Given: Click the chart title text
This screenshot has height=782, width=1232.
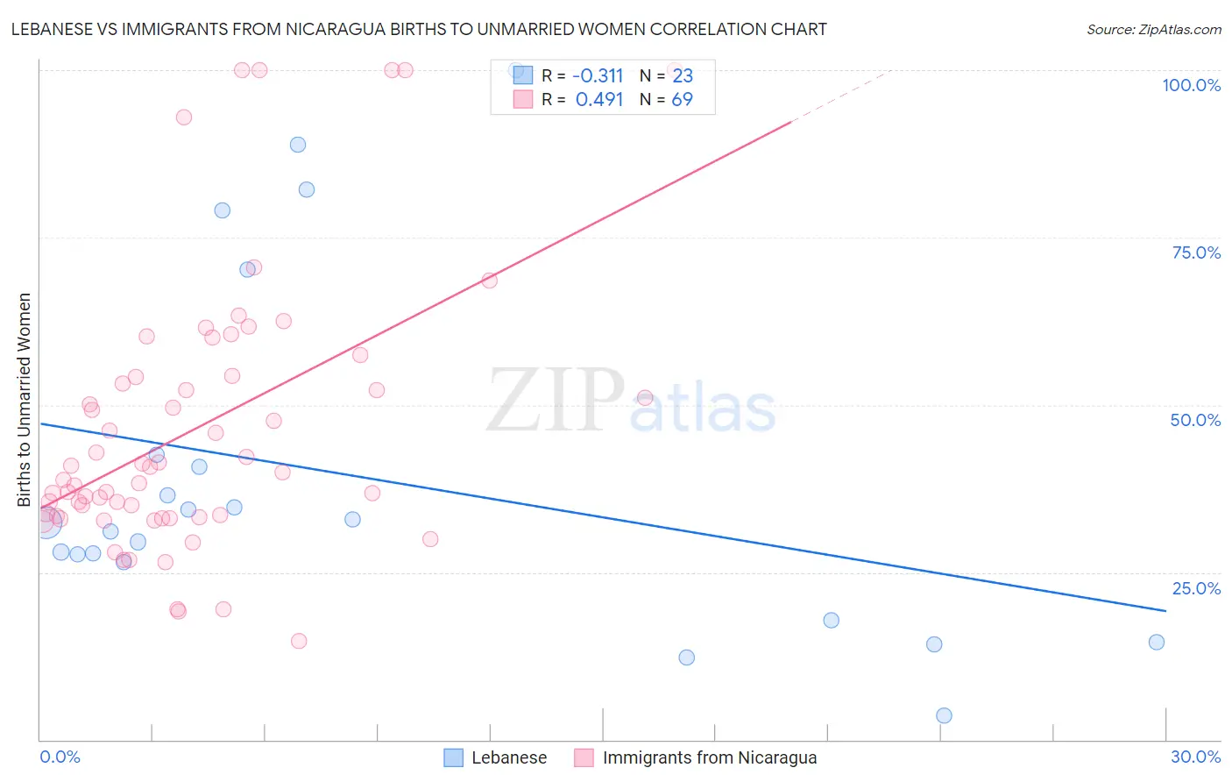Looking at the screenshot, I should [419, 29].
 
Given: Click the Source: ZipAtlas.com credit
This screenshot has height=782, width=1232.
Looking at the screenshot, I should [1153, 29].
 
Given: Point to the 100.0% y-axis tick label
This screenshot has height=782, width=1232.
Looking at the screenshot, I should [1191, 85].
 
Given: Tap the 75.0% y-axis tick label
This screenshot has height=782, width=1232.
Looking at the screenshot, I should [1196, 252].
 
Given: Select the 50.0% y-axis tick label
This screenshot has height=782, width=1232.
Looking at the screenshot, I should [1195, 420].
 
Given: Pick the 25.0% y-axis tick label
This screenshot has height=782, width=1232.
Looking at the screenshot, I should [1196, 588].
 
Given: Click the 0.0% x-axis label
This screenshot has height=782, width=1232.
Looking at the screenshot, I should [60, 757].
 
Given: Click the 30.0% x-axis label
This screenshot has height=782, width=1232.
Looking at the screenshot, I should [1195, 757].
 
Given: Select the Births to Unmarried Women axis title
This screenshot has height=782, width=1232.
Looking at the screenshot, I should [24, 400].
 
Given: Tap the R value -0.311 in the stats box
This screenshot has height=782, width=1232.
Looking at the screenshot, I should [598, 75].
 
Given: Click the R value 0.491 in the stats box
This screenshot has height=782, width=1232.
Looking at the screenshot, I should [599, 100].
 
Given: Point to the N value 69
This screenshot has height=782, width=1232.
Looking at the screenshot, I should [682, 100].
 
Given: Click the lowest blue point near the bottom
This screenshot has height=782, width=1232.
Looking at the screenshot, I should [944, 715].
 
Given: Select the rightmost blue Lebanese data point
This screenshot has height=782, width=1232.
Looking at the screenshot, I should [1157, 642].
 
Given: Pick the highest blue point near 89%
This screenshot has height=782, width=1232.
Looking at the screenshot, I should [298, 145].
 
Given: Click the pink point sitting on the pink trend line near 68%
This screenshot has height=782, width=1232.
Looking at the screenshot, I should [490, 281].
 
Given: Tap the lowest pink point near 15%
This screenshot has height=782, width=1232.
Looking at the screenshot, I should [299, 641].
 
